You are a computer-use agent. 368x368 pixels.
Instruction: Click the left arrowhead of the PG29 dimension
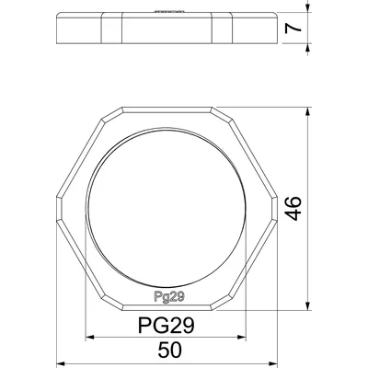tap(88, 336)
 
